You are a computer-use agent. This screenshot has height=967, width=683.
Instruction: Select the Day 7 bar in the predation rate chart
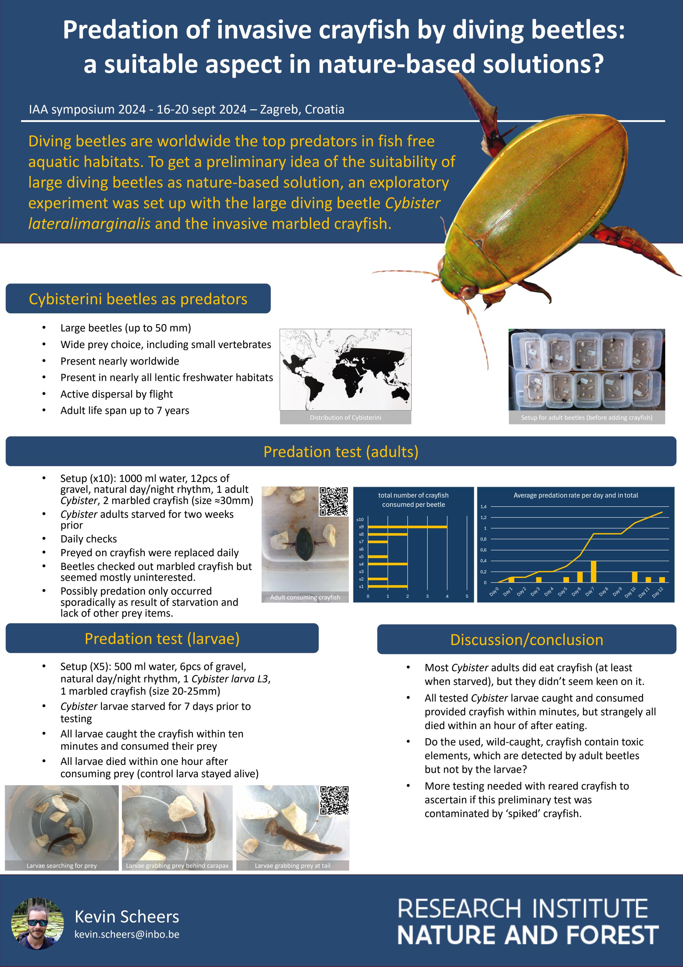[x=593, y=572]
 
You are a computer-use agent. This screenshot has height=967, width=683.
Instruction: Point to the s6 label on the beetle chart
[x=361, y=549]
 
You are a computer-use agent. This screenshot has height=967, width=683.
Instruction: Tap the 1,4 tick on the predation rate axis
[x=483, y=507]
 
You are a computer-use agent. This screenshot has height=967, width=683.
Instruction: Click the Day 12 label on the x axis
[x=658, y=592]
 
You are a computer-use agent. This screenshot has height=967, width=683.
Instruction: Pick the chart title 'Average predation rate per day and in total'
[x=575, y=495]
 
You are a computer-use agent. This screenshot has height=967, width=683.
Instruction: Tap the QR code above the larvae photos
[x=334, y=800]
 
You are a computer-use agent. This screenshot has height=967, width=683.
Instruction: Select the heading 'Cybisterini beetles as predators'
[x=138, y=299]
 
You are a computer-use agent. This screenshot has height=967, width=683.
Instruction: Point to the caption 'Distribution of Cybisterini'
[x=345, y=417]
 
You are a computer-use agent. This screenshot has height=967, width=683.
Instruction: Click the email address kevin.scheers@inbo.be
[x=127, y=934]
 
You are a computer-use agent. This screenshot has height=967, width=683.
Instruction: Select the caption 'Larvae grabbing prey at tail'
[x=292, y=866]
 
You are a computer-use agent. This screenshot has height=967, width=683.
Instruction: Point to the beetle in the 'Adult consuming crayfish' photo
[x=304, y=545]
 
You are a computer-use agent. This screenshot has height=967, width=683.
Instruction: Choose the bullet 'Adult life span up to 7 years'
[x=125, y=411]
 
